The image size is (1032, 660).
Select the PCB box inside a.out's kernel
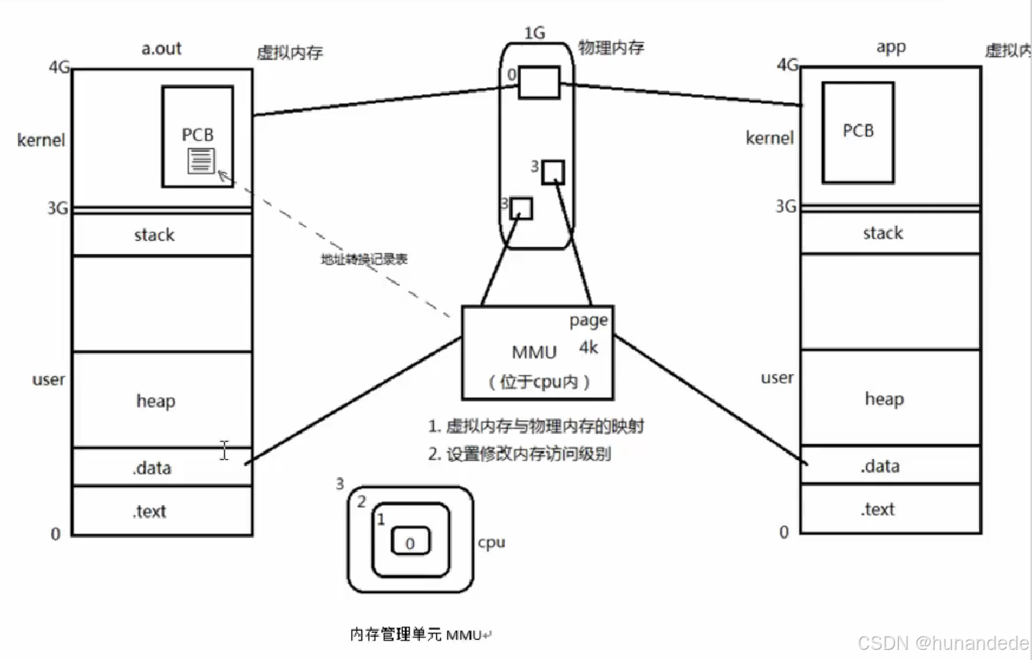198,117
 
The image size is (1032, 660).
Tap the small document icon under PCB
200,160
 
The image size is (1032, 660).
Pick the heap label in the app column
884,399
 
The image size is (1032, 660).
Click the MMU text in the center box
534,352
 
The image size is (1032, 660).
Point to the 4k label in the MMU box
588,348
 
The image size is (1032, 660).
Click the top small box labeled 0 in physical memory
539,82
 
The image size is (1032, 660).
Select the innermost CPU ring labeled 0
410,542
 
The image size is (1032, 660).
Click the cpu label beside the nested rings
491,542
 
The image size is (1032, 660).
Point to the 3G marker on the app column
785,206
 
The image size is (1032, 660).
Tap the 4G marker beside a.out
59,68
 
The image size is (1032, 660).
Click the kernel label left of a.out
41,140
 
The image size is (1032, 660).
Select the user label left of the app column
777,378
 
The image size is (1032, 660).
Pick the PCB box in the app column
858,132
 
